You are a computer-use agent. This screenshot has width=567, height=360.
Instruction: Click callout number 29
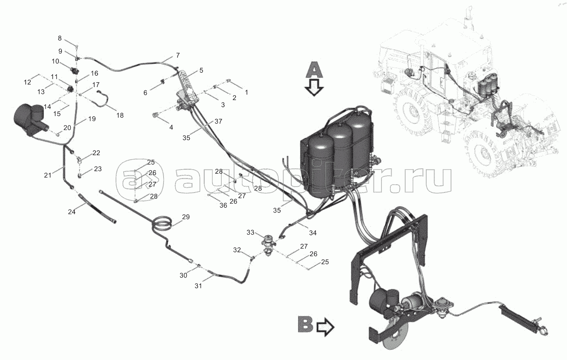point(185,217)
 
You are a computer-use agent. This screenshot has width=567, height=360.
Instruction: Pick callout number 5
point(201,71)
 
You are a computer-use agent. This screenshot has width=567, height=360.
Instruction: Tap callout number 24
point(72,212)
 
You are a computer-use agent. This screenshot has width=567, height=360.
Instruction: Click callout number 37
point(218,122)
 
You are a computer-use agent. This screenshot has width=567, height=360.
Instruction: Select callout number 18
point(120,115)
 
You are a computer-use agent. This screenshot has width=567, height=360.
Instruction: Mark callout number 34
point(313,233)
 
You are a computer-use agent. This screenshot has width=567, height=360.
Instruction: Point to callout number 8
point(60,38)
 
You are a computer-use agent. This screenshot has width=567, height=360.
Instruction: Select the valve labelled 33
point(268,245)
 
